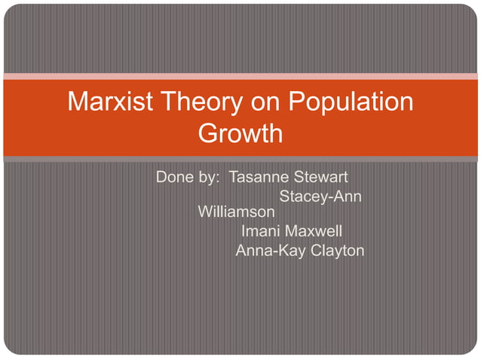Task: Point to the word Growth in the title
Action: coord(240,133)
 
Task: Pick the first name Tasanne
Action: coord(256,178)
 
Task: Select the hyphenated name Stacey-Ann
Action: coord(320,197)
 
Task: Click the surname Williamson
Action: coord(236,212)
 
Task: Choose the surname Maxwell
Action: coord(314,231)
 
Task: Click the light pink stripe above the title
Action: coord(240,76)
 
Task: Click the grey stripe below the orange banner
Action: coord(240,159)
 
